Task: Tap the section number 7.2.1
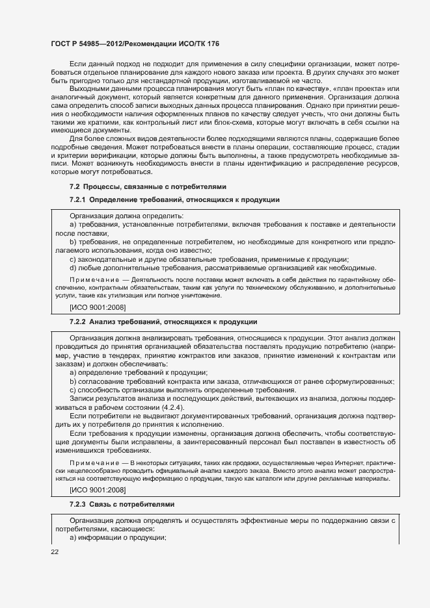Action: click(x=78, y=199)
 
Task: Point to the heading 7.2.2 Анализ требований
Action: click(x=163, y=322)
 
